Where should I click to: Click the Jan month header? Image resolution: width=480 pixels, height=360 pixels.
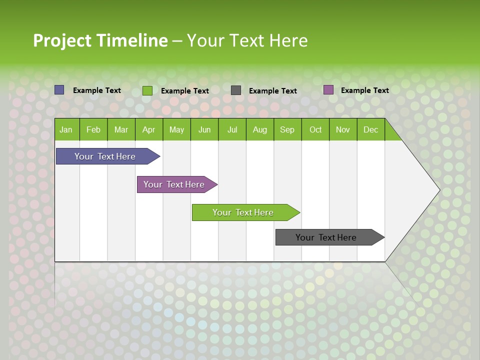pyautogui.click(x=66, y=129)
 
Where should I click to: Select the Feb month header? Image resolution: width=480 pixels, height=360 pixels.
pyautogui.click(x=93, y=129)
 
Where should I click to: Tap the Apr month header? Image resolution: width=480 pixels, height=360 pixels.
pyautogui.click(x=148, y=129)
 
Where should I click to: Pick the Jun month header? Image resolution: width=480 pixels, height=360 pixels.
pyautogui.click(x=204, y=129)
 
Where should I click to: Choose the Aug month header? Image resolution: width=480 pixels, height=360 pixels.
pyautogui.click(x=260, y=129)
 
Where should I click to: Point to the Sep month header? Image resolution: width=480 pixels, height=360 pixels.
pyautogui.click(x=287, y=129)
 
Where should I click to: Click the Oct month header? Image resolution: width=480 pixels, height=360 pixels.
pyautogui.click(x=315, y=129)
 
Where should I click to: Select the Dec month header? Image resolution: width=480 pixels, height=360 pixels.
pyautogui.click(x=370, y=129)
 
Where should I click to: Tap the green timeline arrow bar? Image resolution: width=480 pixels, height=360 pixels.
pyautogui.click(x=243, y=212)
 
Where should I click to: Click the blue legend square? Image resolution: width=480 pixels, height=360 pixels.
pyautogui.click(x=59, y=90)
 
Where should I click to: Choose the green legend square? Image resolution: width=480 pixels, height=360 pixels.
pyautogui.click(x=147, y=90)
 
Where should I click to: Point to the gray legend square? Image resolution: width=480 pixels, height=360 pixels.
pyautogui.click(x=236, y=90)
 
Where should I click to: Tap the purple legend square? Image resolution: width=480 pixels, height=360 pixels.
pyautogui.click(x=328, y=90)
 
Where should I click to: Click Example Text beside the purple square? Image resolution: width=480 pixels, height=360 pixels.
pyautogui.click(x=364, y=90)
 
